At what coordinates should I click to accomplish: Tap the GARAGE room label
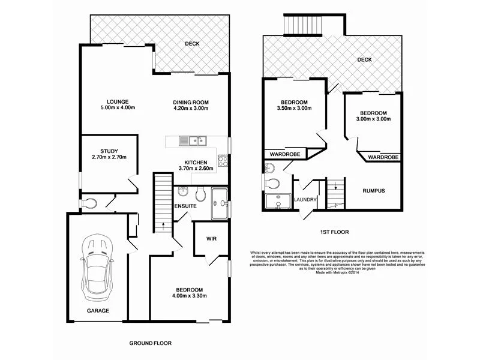point(98,311)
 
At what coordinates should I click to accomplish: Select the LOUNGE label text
point(118,101)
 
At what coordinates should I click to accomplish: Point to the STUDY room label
point(109,151)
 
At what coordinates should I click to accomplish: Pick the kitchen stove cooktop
point(222,160)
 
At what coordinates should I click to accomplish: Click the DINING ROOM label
point(191,102)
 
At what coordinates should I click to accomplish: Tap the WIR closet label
point(211,239)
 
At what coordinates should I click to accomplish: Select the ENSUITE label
point(185,206)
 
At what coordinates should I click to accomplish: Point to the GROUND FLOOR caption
point(151,344)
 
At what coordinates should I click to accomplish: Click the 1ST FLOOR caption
point(334,232)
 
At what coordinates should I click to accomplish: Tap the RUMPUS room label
point(373,191)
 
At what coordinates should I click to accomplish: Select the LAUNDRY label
point(305,200)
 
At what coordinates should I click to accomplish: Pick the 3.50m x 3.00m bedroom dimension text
point(295,109)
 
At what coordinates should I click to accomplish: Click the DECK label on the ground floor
point(192,44)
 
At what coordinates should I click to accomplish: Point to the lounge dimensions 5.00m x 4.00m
point(118,108)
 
